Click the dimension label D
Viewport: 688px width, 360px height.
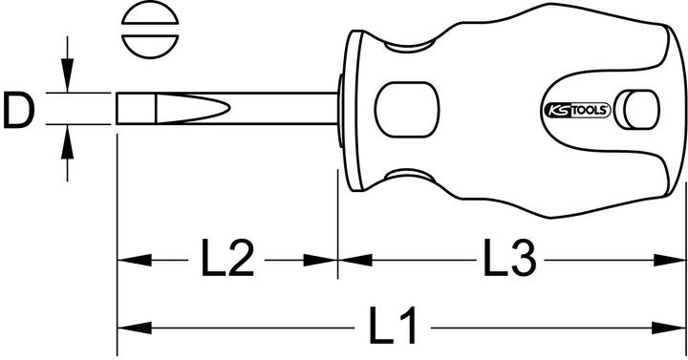coord(18,110)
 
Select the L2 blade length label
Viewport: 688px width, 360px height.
coord(226,259)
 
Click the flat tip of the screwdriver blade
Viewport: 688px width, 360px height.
coord(119,108)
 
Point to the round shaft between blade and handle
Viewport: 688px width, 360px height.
coord(287,108)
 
